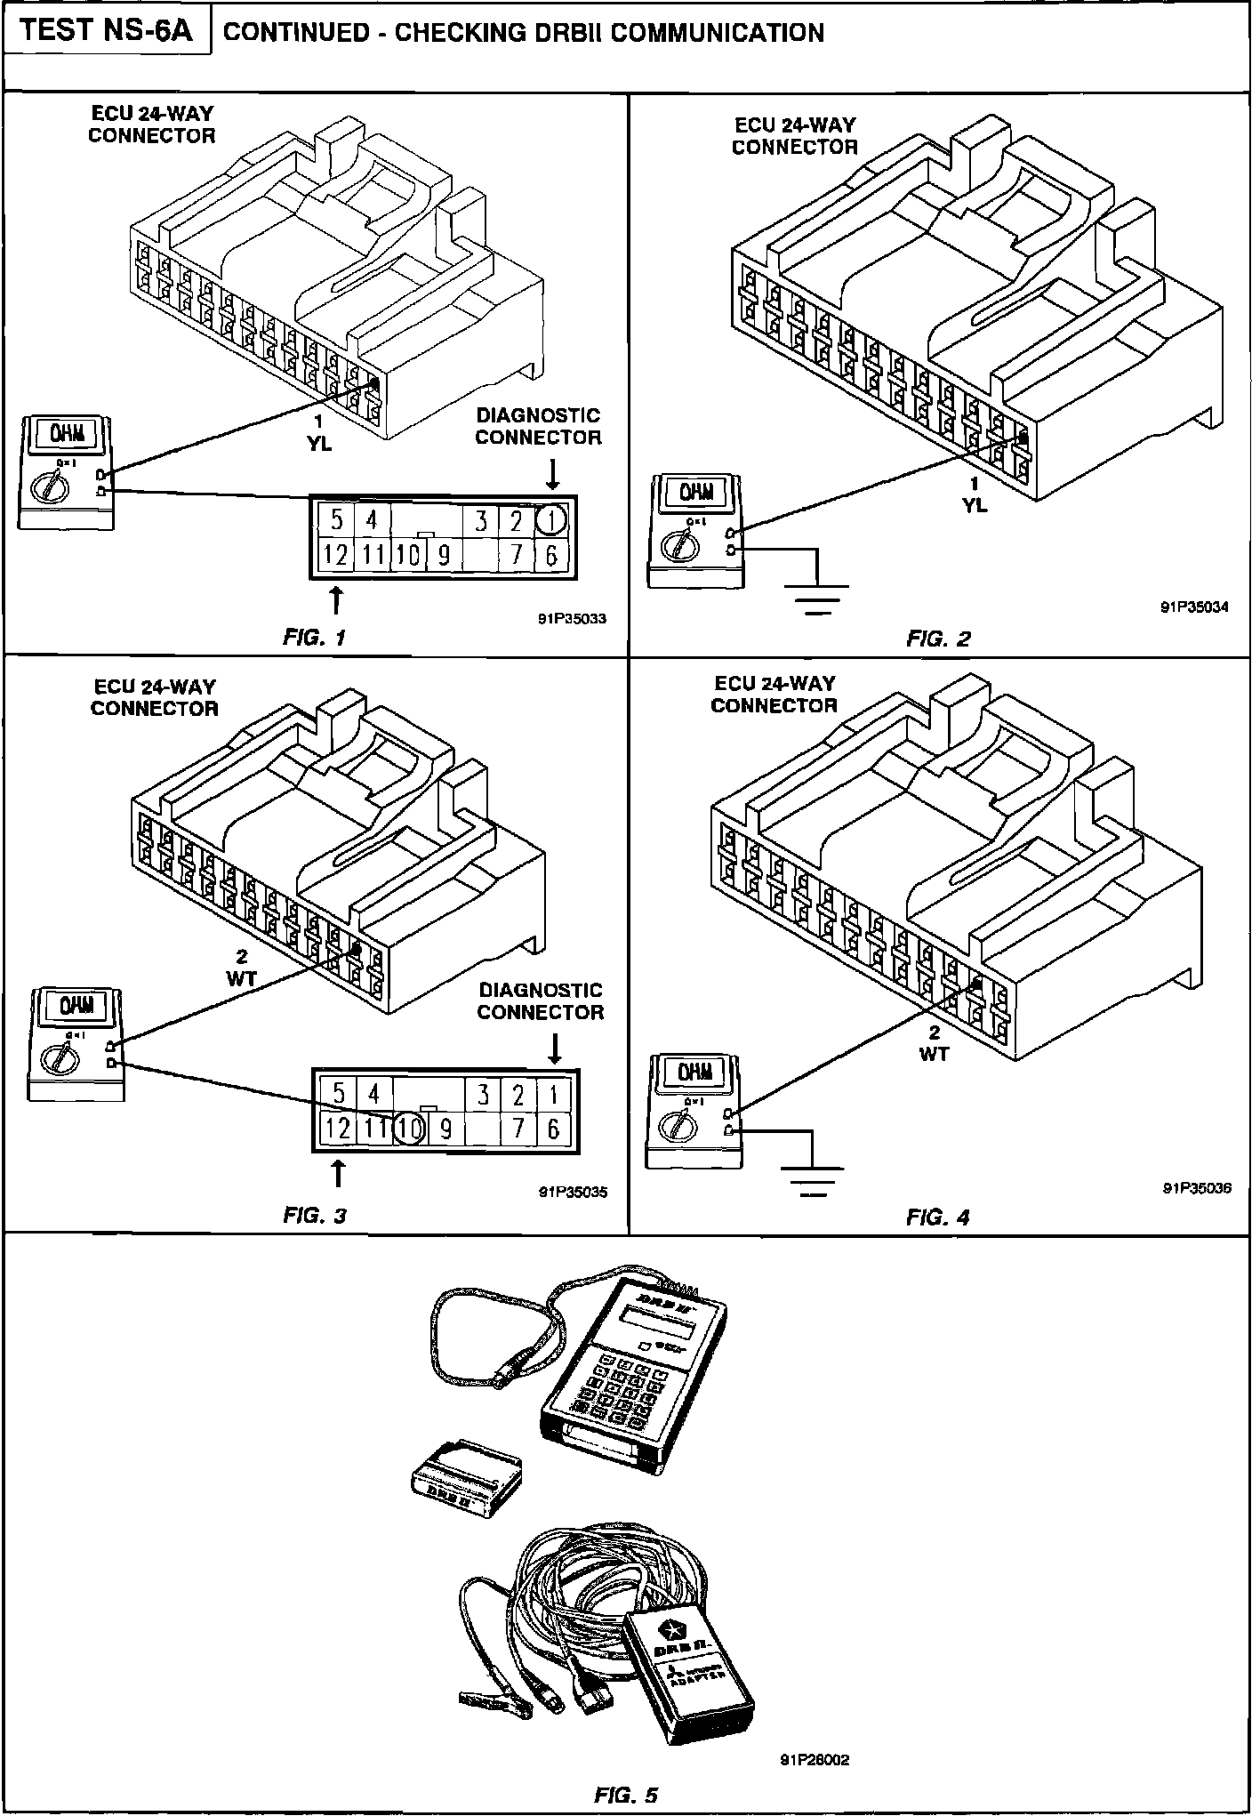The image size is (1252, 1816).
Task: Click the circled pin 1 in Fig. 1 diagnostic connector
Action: point(552,518)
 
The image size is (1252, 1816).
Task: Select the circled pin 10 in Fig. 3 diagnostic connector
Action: point(410,1129)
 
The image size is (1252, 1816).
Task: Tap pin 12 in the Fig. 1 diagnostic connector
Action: point(335,555)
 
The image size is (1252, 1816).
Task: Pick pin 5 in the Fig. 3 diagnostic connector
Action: point(337,1092)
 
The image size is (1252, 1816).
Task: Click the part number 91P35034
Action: point(1194,608)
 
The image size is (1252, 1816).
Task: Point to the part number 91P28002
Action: point(815,1759)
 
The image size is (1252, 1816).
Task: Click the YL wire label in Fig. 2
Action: point(975,504)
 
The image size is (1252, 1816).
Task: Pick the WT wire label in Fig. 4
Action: point(935,1054)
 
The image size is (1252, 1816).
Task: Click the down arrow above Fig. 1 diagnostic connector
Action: point(552,473)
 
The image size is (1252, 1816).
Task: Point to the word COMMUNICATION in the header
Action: point(717,33)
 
